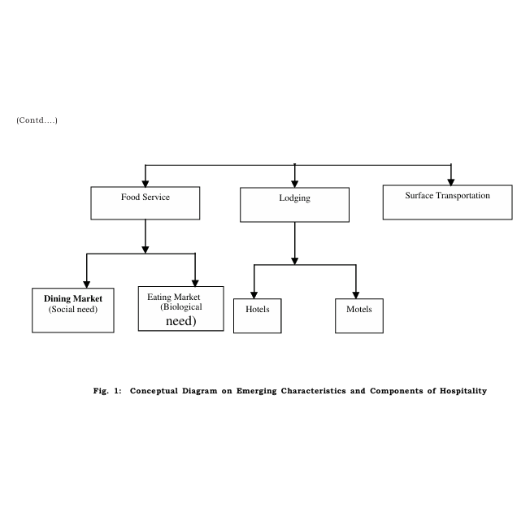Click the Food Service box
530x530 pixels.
[x=146, y=203]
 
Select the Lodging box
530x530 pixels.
[x=295, y=205]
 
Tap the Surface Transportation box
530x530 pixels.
[x=448, y=202]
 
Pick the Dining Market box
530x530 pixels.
[x=73, y=311]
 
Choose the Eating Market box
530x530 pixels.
[x=180, y=309]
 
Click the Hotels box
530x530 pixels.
[x=257, y=315]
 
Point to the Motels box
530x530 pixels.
[x=359, y=315]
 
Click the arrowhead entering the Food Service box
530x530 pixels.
[x=146, y=184]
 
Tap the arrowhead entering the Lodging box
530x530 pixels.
[x=295, y=184]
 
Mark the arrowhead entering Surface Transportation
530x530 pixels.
[x=451, y=182]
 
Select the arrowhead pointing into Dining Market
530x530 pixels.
[x=87, y=285]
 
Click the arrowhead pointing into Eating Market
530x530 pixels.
[x=195, y=283]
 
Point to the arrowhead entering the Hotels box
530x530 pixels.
[x=254, y=295]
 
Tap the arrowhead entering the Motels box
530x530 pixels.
[x=356, y=295]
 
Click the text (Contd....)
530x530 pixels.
[x=37, y=120]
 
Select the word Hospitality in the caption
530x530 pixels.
[x=463, y=391]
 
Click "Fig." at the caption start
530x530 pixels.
[x=101, y=391]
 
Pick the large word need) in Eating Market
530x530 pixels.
[x=180, y=321]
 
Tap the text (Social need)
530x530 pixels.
[x=73, y=309]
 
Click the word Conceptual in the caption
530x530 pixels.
[x=154, y=391]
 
